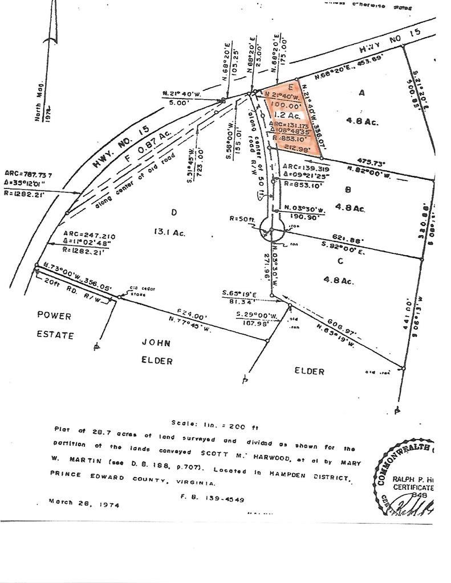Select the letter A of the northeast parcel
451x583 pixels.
pos(361,93)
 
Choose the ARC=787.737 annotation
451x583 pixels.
pos(28,172)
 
